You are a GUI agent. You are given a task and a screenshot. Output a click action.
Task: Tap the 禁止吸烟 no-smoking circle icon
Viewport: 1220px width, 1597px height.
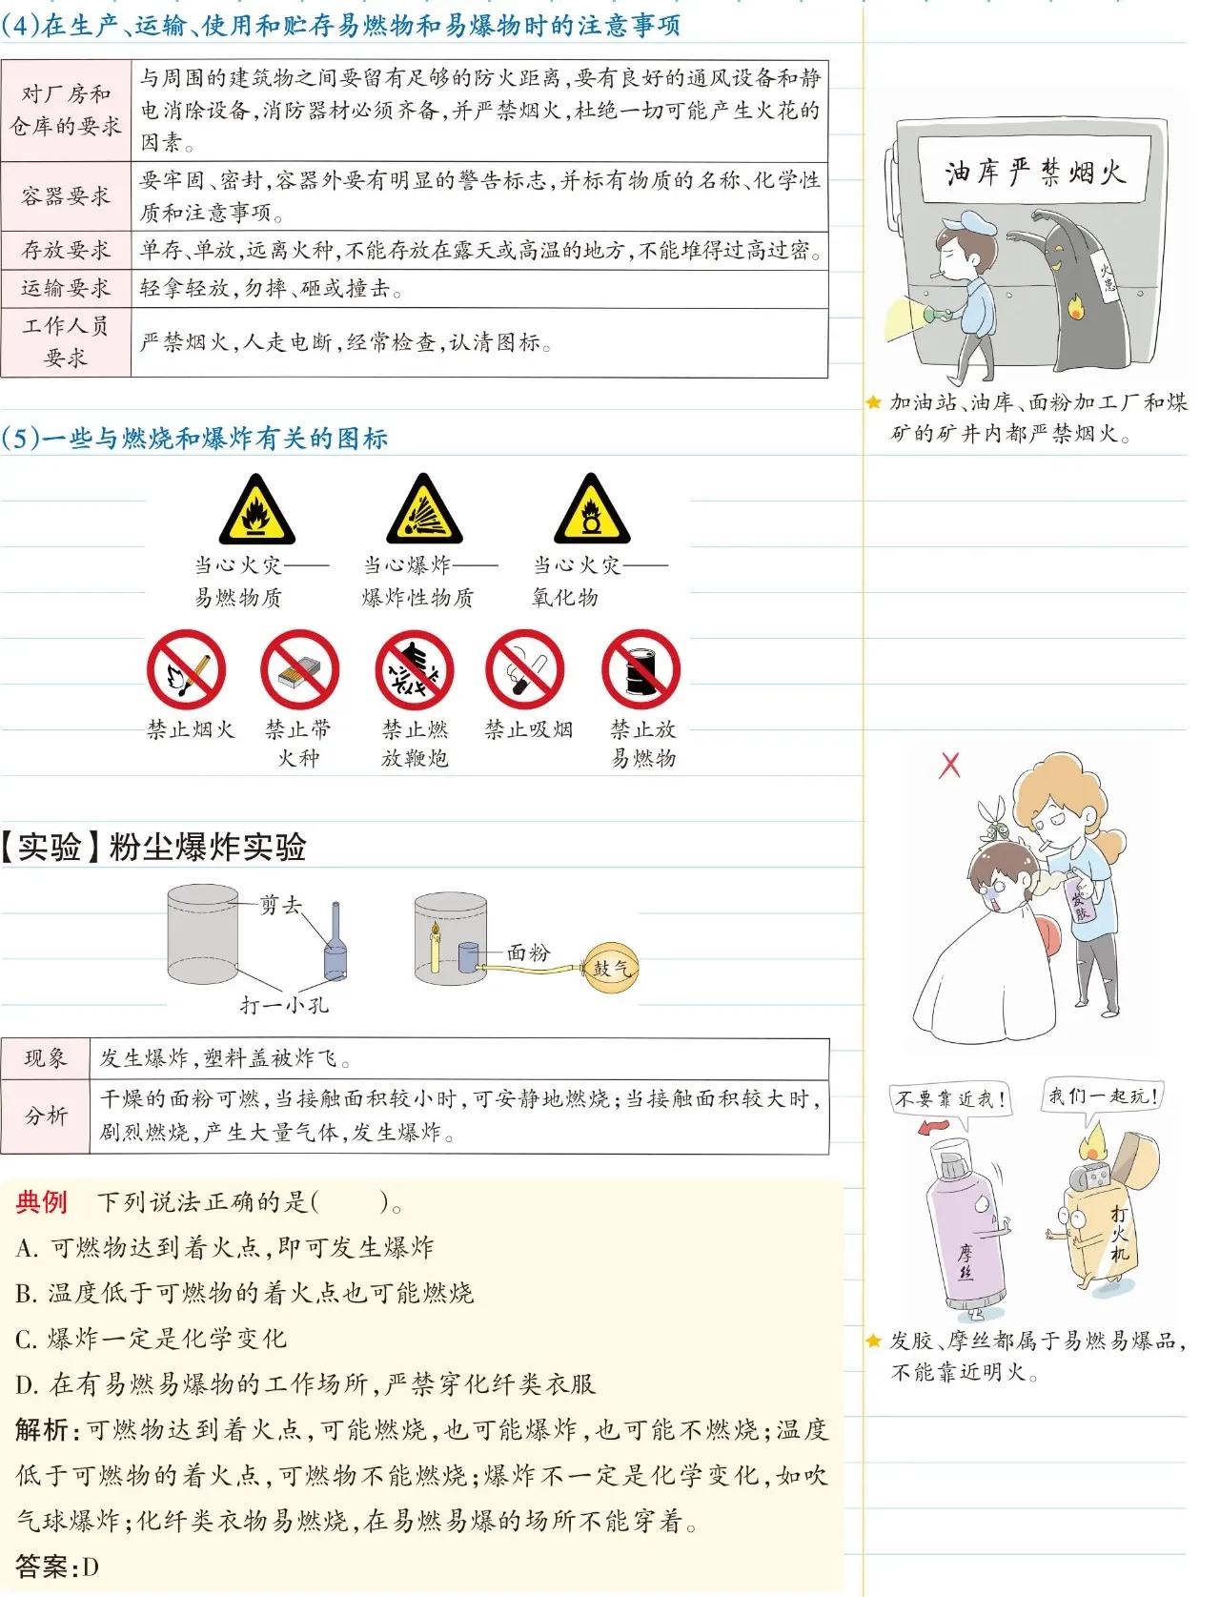click(525, 669)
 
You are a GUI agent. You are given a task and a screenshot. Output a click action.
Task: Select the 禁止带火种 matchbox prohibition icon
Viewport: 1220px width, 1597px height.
click(300, 669)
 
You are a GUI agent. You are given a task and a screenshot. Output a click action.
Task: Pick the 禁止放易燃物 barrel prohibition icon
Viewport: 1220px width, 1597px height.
click(641, 669)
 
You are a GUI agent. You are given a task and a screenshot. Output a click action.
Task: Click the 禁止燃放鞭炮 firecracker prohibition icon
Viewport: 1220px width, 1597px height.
click(414, 669)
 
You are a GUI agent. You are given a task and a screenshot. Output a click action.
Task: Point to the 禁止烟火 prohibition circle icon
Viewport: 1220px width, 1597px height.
click(186, 669)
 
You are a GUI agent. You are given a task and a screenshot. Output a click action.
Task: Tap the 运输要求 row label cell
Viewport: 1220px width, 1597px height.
click(66, 288)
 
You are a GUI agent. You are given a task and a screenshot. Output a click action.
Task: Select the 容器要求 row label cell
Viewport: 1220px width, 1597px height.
click(66, 196)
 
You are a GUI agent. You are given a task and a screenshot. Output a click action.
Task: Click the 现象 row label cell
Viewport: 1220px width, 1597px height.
click(46, 1058)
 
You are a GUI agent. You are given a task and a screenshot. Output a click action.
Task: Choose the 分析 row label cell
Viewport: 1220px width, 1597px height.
click(46, 1116)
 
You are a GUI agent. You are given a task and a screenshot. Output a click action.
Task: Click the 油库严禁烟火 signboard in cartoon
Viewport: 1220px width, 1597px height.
click(1033, 172)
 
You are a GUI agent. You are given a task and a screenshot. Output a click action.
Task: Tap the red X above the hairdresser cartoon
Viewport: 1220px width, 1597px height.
click(950, 765)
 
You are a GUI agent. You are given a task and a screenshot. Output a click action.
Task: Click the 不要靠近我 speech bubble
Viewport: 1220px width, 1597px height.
click(949, 1100)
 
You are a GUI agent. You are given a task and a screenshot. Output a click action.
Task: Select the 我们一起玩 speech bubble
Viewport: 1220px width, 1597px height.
click(1103, 1096)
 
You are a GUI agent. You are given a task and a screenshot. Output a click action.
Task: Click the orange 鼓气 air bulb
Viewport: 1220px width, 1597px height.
click(610, 967)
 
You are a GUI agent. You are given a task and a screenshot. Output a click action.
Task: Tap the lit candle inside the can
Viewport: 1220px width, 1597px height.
click(436, 949)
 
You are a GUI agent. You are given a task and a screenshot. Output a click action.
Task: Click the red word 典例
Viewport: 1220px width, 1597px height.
click(41, 1201)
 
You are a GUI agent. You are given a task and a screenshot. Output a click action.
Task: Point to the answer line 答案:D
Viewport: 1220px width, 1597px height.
click(57, 1566)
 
